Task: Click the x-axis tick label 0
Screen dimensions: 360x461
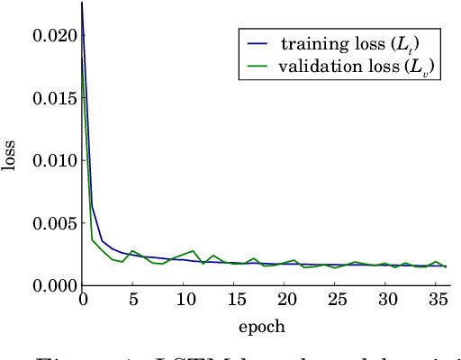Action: click(x=83, y=299)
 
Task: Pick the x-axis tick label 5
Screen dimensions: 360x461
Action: click(x=133, y=299)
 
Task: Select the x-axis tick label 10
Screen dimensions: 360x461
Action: click(x=184, y=299)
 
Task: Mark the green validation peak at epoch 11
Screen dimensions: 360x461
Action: click(x=194, y=251)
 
